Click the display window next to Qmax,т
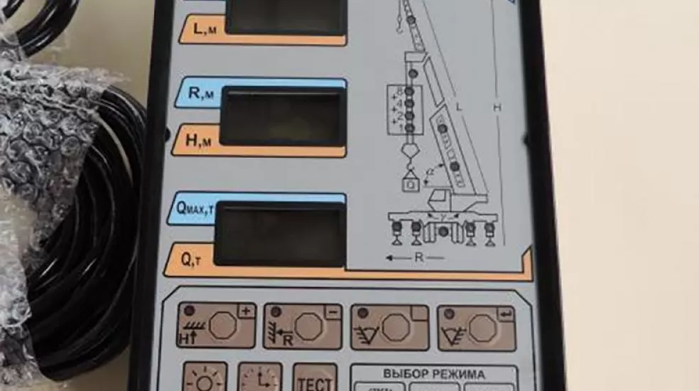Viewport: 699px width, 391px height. [x=281, y=232]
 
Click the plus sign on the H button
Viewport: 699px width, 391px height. [x=246, y=311]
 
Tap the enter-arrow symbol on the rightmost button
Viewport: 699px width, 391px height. [x=506, y=311]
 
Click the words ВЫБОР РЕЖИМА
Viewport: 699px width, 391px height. [x=433, y=373]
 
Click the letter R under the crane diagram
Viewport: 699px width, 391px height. [x=418, y=257]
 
